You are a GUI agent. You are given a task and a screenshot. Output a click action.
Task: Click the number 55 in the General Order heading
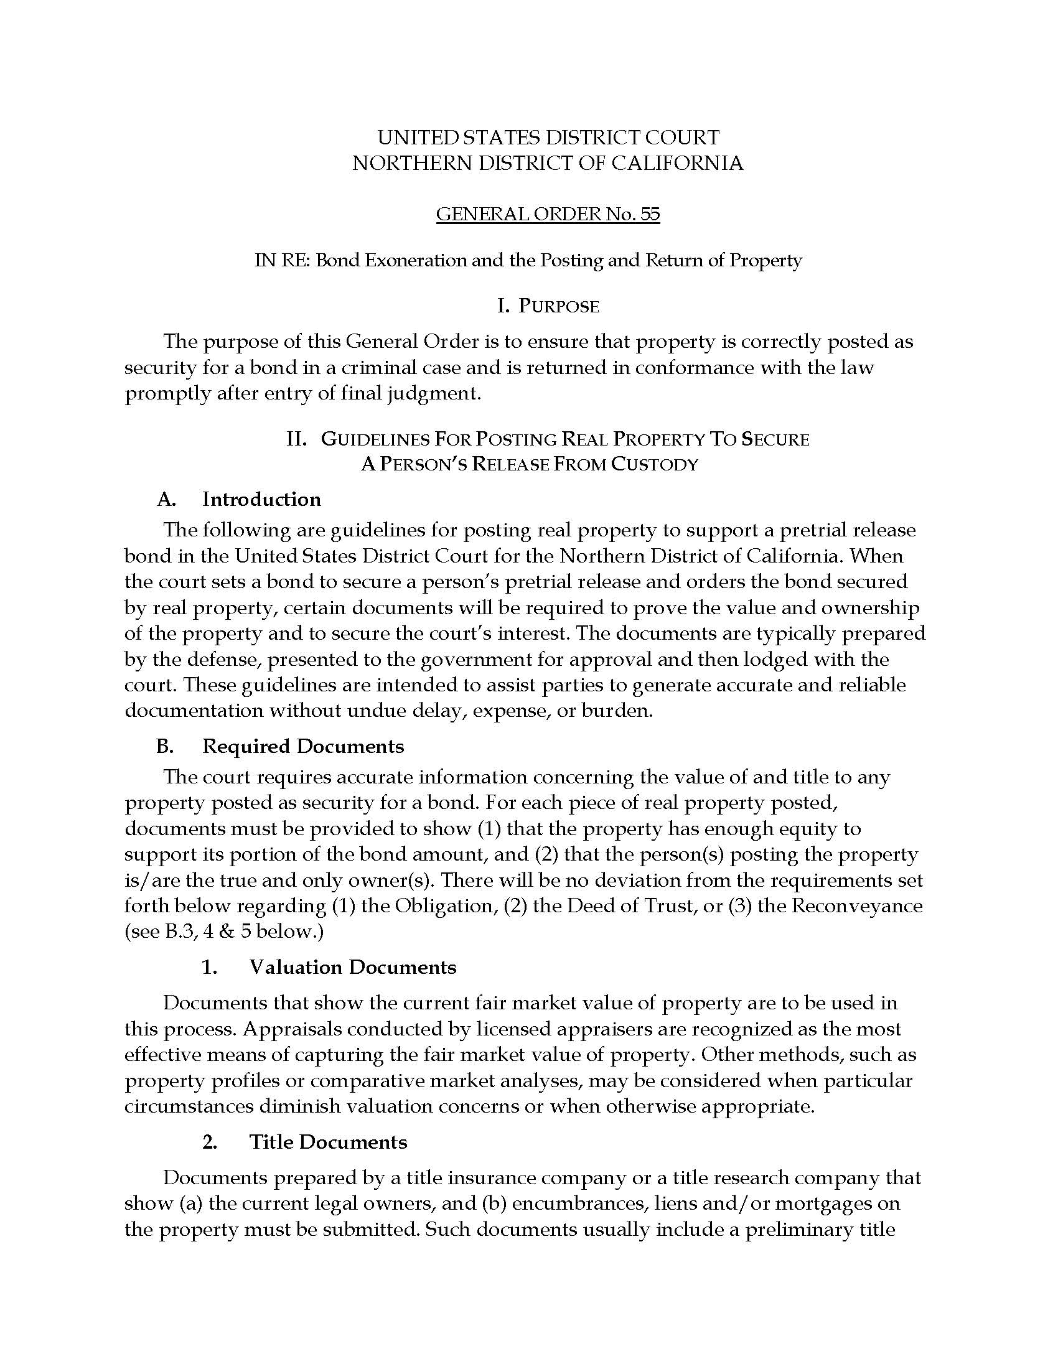click(650, 215)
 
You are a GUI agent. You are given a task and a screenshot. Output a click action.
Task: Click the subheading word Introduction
click(261, 499)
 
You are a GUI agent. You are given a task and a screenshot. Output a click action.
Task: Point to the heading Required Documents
click(302, 746)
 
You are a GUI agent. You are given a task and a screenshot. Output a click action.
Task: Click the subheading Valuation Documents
click(353, 966)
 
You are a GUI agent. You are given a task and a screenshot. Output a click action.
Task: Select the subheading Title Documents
click(329, 1141)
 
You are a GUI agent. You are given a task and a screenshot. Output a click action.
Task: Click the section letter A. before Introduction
click(166, 499)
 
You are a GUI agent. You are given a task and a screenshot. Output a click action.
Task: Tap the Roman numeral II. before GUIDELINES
click(296, 439)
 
